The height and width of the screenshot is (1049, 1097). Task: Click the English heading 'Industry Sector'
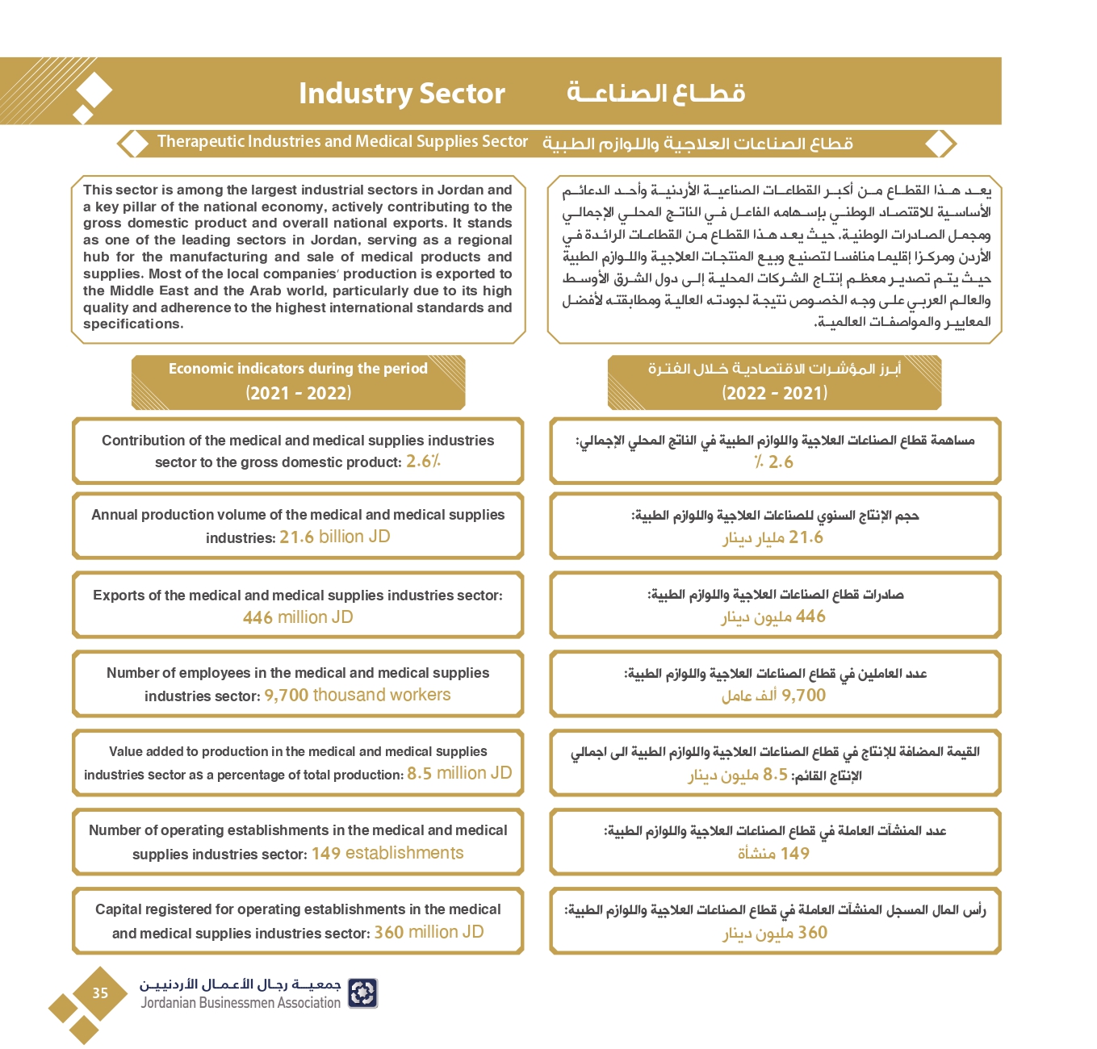coord(401,94)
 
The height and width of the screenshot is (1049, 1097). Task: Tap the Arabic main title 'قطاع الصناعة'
coord(655,94)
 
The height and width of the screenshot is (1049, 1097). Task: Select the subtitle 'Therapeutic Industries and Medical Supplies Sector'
coord(342,142)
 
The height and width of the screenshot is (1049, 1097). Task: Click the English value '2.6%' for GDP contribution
coord(423,462)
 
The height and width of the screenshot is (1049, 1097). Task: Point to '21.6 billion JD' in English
coord(334,537)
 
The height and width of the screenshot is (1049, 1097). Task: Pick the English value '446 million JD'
coord(298,617)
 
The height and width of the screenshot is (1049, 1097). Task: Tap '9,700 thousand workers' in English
coord(357,696)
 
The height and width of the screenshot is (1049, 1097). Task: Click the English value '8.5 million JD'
coord(459,774)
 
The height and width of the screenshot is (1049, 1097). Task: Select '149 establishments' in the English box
coord(387,854)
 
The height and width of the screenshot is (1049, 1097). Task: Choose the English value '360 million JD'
coord(429,933)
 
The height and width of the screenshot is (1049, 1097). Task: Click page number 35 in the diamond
coord(100,993)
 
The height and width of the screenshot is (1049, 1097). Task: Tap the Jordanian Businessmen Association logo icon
coord(362,993)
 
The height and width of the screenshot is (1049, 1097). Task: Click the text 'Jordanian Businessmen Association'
coord(241,1003)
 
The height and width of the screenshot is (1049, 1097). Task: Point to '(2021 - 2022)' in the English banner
coord(299,394)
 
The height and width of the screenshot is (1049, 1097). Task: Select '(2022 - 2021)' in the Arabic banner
coord(775,394)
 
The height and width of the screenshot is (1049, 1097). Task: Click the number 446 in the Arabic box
coord(810,616)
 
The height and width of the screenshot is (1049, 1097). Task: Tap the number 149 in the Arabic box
coord(794,854)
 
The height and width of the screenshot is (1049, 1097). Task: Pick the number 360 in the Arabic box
coord(812,933)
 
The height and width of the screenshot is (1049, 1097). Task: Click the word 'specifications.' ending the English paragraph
coord(133,324)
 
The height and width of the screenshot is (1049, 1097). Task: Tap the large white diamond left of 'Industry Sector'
coord(94,90)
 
